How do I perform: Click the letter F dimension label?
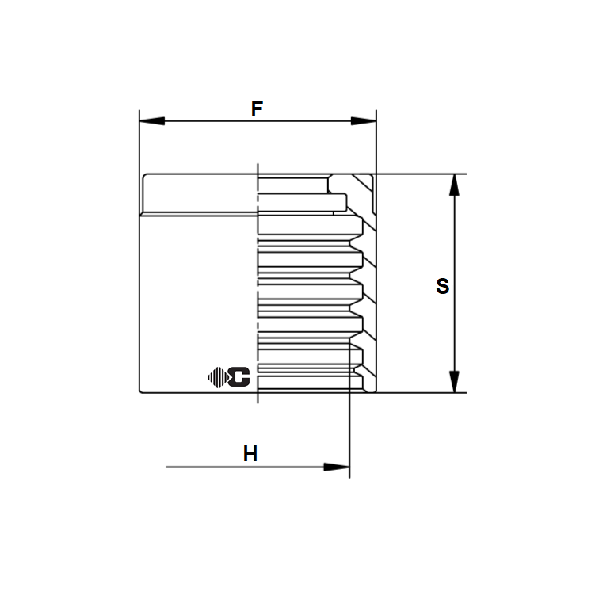point(257,109)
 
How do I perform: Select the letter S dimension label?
point(442,286)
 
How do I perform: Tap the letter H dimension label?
point(250,454)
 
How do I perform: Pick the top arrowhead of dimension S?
point(454,185)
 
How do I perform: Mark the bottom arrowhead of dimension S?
point(454,381)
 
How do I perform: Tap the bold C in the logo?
point(238,378)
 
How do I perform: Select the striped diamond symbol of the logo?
point(216,378)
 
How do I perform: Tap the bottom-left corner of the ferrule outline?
point(141,391)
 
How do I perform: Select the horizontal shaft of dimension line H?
point(238,467)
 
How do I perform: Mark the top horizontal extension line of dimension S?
point(420,174)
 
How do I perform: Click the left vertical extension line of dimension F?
point(139,143)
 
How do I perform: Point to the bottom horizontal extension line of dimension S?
point(420,392)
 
